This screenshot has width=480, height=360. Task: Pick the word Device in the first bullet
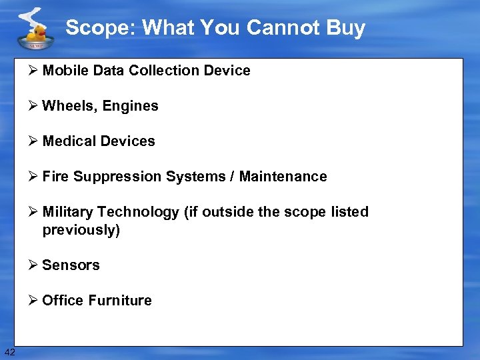pos(229,71)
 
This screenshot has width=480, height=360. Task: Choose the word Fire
pos(55,177)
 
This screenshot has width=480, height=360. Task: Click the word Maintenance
pos(283,177)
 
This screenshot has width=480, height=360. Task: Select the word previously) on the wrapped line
pos(81,230)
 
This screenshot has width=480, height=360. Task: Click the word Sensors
pos(71,265)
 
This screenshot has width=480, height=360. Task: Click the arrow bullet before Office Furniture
pos(33,301)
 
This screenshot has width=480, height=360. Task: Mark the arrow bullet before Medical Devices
pos(33,141)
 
